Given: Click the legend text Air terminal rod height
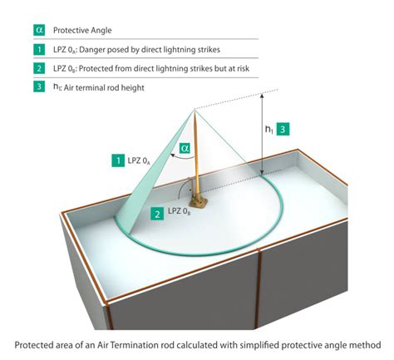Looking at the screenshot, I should [117, 87].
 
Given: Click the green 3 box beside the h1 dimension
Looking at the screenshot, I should [283, 130].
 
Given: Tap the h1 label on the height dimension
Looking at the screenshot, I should [267, 131].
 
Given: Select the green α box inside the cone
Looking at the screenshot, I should [186, 150].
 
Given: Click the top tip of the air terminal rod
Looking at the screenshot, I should [197, 109].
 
